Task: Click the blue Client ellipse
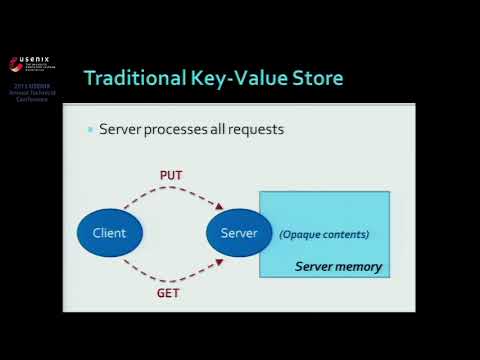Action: [x=109, y=233]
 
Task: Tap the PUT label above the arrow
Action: [x=171, y=176]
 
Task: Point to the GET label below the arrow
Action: [x=168, y=295]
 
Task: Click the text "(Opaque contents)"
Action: [x=324, y=235]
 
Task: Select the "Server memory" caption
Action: [x=338, y=267]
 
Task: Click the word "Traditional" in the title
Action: [x=134, y=77]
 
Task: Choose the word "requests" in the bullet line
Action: [x=256, y=130]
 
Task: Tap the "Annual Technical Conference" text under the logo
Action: [x=34, y=97]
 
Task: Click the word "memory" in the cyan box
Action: [x=360, y=267]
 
